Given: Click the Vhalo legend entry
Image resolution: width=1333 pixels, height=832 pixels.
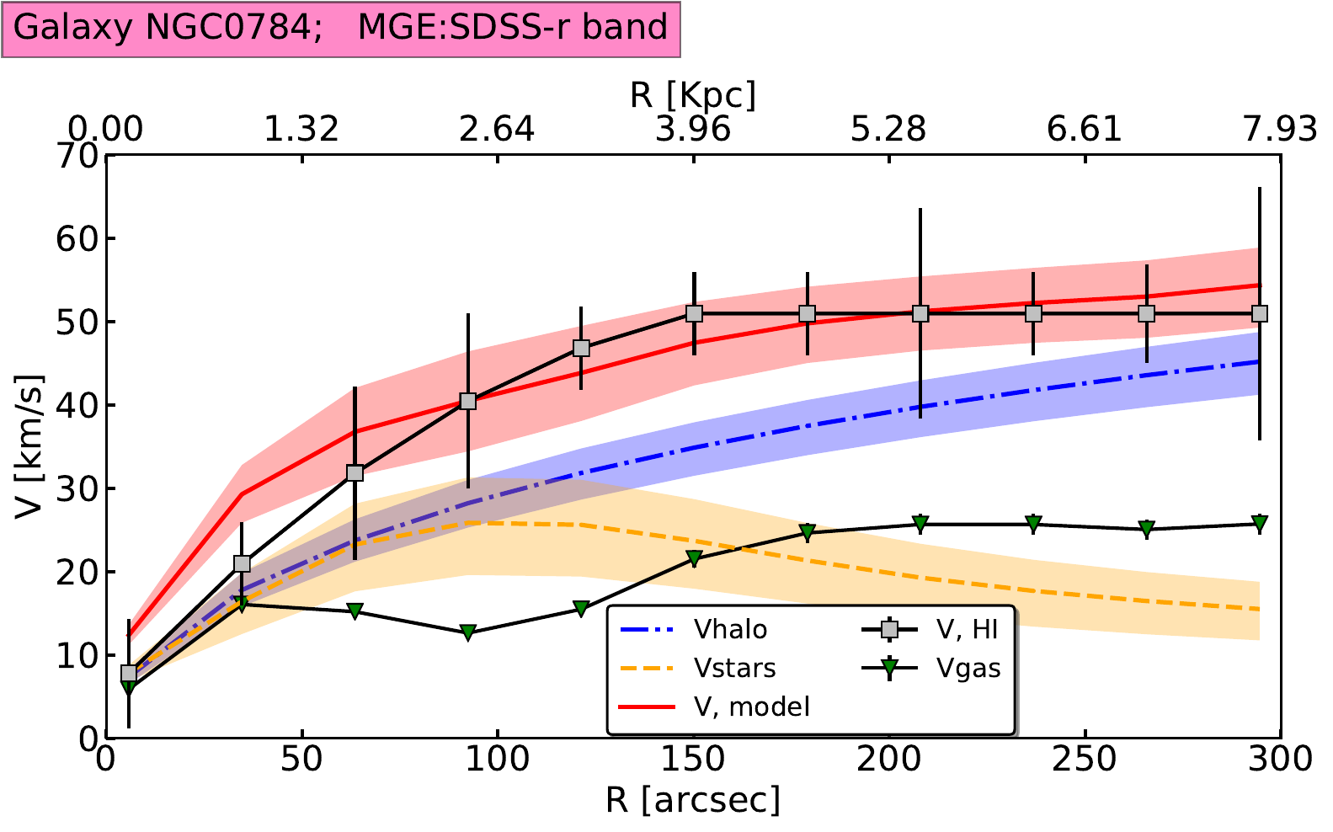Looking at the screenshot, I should coord(729,629).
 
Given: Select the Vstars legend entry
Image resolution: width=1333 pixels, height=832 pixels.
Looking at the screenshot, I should coord(734,668).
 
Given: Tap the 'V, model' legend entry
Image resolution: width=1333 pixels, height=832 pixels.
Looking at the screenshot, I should coord(751,706).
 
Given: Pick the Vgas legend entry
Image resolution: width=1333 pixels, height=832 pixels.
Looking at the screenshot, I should coord(968,668).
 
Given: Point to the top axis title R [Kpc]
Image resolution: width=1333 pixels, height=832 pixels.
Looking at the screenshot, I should coord(692,95).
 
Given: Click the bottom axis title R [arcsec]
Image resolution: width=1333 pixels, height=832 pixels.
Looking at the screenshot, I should coord(692,800).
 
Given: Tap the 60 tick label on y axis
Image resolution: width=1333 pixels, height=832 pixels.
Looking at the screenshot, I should coord(77,238).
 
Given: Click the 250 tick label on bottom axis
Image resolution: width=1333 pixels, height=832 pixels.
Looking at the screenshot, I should coord(1085,760).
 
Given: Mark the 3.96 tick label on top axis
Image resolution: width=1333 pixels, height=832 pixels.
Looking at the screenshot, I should coord(692,129).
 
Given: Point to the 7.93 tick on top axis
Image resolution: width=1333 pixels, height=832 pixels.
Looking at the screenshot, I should coord(1280,129).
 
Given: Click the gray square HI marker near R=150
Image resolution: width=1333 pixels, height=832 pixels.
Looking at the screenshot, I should coord(694,313).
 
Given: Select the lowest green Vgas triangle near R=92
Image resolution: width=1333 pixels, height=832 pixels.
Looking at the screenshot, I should coord(468,632).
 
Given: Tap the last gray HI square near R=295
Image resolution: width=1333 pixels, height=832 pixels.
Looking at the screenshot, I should coord(1260,313).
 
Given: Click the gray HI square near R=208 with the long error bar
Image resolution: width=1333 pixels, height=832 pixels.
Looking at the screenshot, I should coord(920,313).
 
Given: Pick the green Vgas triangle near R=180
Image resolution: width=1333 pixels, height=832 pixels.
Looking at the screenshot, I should coord(808,532).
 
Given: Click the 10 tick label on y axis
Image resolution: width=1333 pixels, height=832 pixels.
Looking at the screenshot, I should coord(77,655).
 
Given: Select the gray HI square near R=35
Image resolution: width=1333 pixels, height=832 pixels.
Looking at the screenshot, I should coord(242,563).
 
